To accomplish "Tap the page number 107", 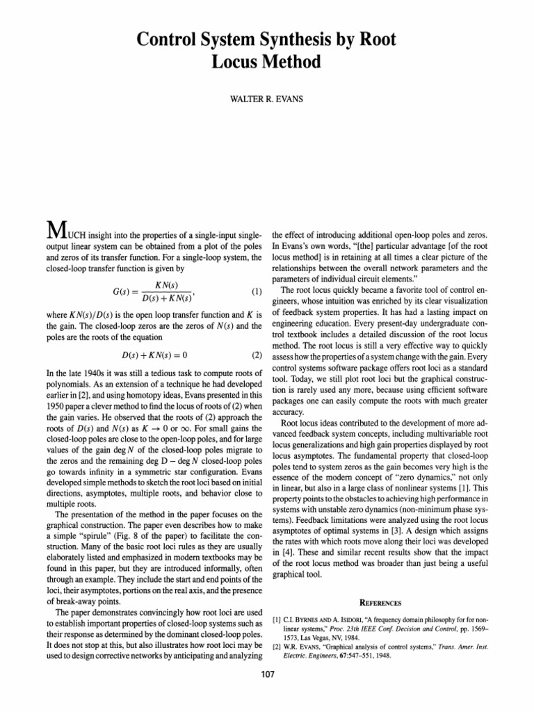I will (x=267, y=693).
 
